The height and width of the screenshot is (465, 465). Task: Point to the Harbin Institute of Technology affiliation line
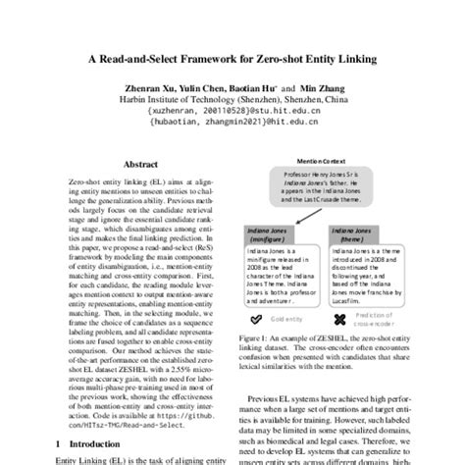pos(232,100)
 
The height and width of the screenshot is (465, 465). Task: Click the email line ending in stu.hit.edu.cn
pos(232,112)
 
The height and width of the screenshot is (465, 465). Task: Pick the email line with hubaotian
pos(232,124)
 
